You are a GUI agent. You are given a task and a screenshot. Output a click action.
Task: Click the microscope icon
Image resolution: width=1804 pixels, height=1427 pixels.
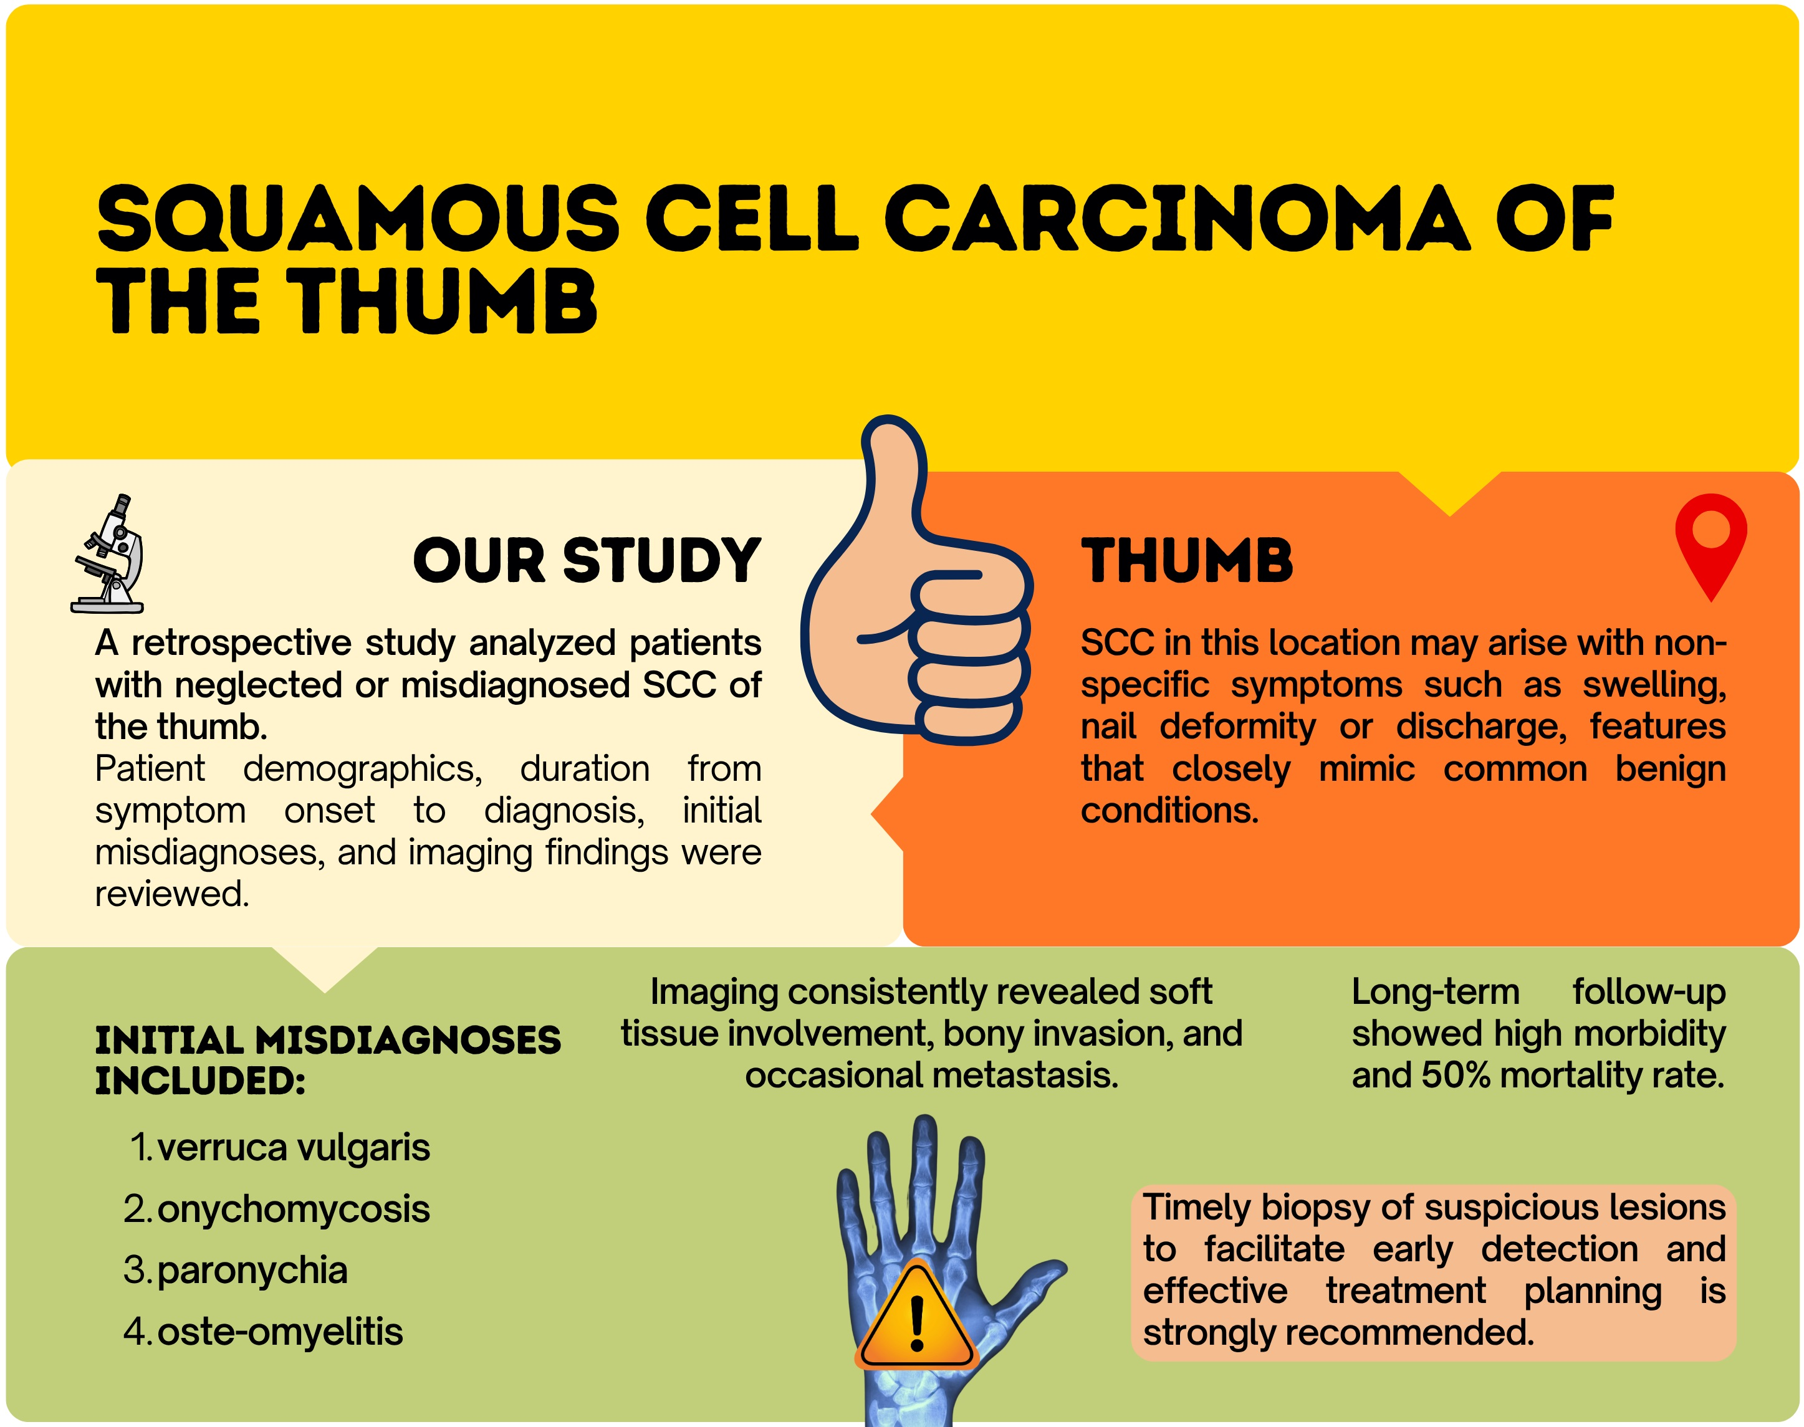coord(108,554)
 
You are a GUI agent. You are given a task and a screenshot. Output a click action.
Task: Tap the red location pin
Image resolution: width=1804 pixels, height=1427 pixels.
coord(1710,546)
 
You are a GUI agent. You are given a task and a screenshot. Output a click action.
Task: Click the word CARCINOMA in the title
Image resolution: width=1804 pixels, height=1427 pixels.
coord(1176,218)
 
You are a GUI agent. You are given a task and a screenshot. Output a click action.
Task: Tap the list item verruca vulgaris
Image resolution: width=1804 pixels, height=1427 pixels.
coord(293,1148)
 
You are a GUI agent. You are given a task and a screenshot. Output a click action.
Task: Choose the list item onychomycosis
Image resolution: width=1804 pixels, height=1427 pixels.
coord(293,1210)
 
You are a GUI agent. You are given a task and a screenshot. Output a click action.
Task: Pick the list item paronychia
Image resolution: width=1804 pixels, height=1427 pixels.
coord(252,1271)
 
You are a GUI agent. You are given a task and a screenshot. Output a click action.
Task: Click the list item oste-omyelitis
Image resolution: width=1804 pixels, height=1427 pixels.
coord(280,1332)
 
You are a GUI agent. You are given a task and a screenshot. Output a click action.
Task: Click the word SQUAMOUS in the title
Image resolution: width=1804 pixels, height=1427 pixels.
coord(358,219)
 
